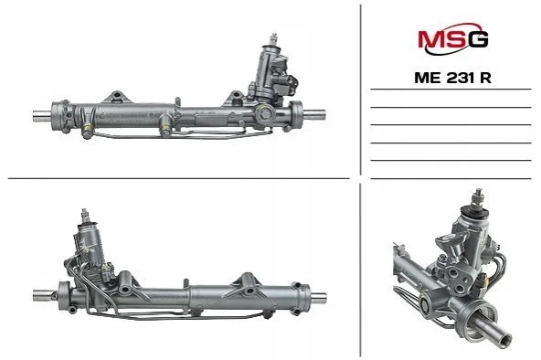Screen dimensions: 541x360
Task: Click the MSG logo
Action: click(452, 38)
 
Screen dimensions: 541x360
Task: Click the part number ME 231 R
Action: click(452, 78)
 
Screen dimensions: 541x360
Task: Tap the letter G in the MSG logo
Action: click(478, 39)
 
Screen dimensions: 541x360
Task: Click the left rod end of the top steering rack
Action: click(41, 115)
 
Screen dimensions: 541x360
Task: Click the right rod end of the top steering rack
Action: click(314, 114)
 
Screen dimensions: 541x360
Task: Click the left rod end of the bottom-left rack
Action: click(44, 295)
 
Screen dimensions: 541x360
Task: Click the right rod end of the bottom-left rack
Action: click(318, 298)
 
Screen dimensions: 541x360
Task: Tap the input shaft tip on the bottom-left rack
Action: click(85, 215)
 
